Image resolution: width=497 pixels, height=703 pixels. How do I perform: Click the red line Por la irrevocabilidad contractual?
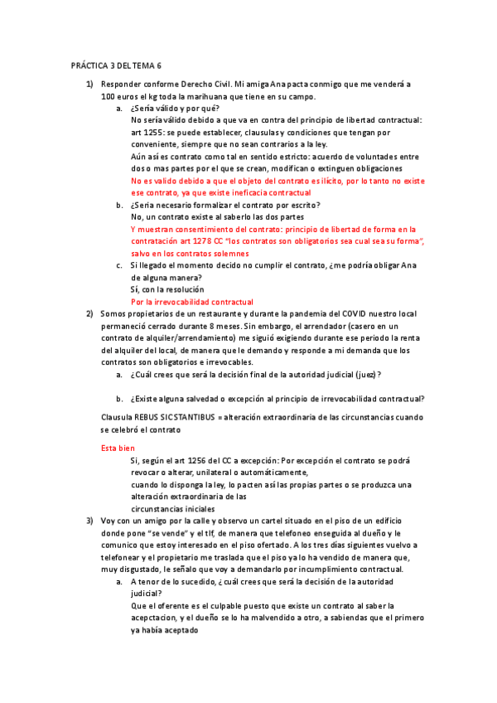click(192, 302)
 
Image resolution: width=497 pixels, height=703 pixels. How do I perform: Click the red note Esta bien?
click(118, 448)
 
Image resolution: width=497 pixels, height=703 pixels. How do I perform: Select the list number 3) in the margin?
click(90, 521)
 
